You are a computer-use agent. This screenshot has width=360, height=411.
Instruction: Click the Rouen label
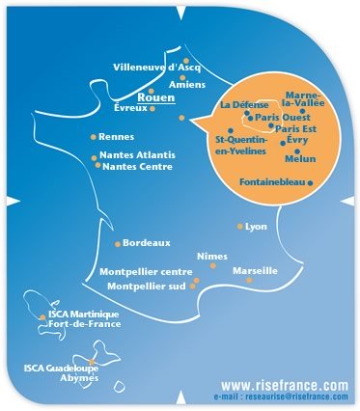pos(154,97)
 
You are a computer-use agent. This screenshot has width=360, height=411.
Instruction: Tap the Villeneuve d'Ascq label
pos(156,68)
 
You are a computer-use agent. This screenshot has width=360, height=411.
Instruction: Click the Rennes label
pos(118,137)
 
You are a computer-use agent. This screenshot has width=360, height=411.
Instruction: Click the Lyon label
pos(256,227)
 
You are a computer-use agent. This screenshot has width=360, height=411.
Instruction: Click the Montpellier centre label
pos(146,272)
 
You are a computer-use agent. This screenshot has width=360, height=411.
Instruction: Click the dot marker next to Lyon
pos(239,227)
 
